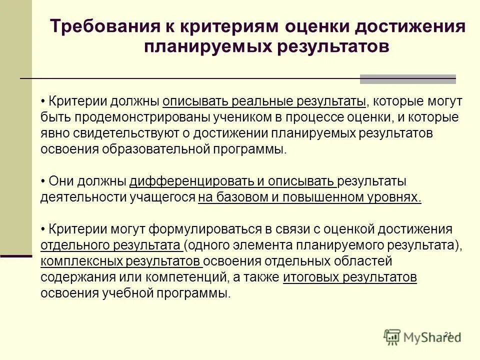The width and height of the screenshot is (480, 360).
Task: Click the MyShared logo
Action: [422, 336]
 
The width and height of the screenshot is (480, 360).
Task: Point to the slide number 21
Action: [447, 334]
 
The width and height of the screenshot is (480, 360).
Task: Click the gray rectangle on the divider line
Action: [408, 79]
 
